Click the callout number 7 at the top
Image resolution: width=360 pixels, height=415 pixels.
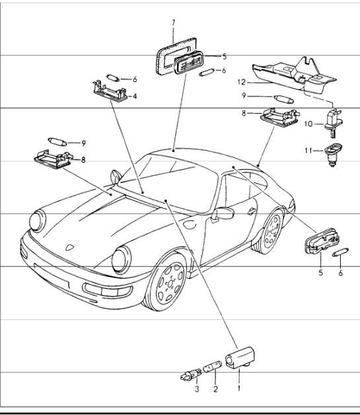[x=174, y=22]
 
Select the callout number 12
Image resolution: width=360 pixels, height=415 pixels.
[x=242, y=83]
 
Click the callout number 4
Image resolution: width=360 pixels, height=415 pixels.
[x=135, y=96]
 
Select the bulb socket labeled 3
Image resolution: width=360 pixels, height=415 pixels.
[x=188, y=378]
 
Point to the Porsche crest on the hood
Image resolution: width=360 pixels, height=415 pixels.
[x=67, y=246]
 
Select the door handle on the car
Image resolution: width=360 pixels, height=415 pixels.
[x=252, y=211]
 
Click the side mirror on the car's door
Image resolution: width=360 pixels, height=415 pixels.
[x=223, y=214]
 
